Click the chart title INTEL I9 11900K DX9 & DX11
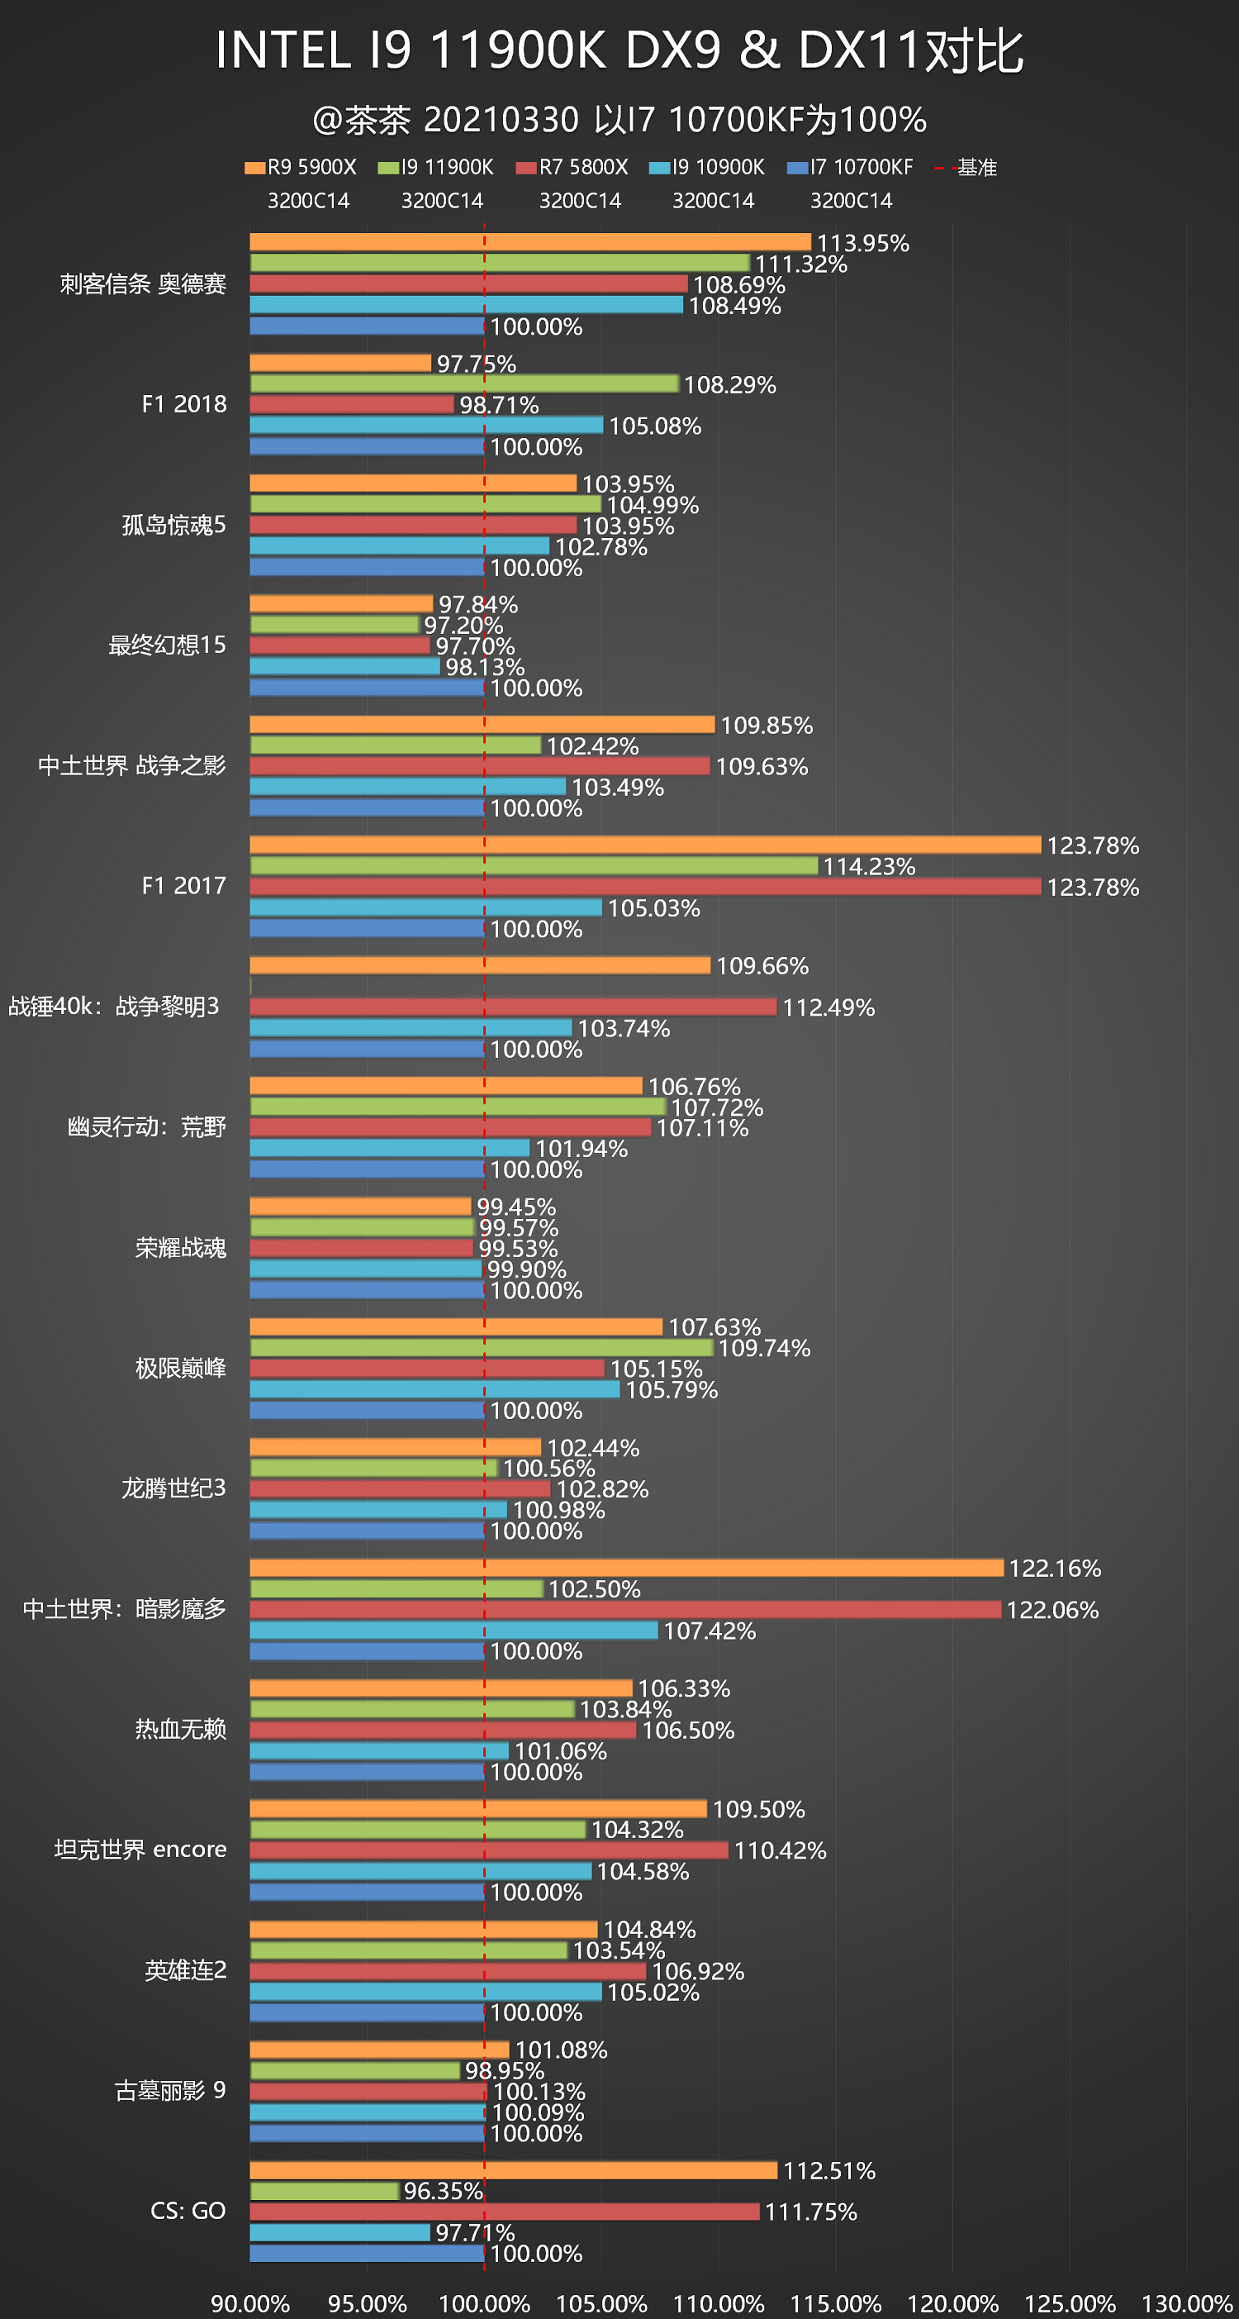tap(619, 50)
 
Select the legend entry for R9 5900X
tap(301, 168)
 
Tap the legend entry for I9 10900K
tap(707, 168)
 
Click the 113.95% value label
tap(862, 243)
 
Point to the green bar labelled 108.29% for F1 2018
tap(463, 384)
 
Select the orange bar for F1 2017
tap(644, 845)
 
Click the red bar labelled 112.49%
tap(512, 1007)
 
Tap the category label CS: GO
tap(188, 2210)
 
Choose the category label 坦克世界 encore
tap(140, 1849)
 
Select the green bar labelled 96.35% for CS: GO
tap(324, 2190)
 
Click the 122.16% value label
tap(1055, 1569)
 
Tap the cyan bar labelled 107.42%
tap(453, 1631)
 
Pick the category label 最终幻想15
tap(167, 645)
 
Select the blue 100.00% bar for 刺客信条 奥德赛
tap(366, 326)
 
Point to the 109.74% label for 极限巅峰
tap(764, 1348)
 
